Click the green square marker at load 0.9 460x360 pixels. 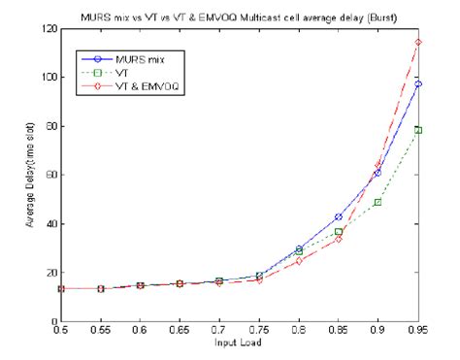tap(378, 202)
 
